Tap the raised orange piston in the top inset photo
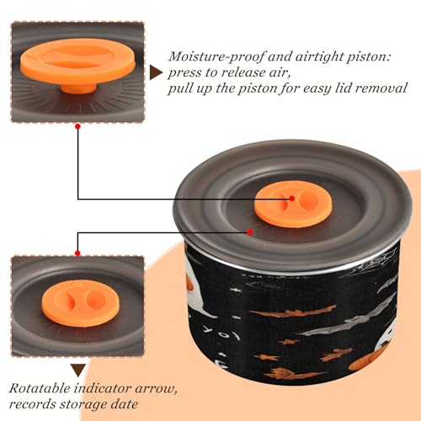(x=77, y=62)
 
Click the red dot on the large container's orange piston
(x=292, y=199)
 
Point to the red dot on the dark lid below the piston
(x=250, y=232)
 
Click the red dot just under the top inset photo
(x=78, y=126)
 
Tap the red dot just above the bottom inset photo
(x=77, y=253)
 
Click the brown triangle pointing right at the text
(x=156, y=72)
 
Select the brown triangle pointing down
(x=78, y=370)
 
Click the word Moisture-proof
(x=216, y=57)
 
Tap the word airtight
(x=318, y=57)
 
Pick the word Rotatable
(x=40, y=388)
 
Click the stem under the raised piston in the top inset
(x=78, y=88)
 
